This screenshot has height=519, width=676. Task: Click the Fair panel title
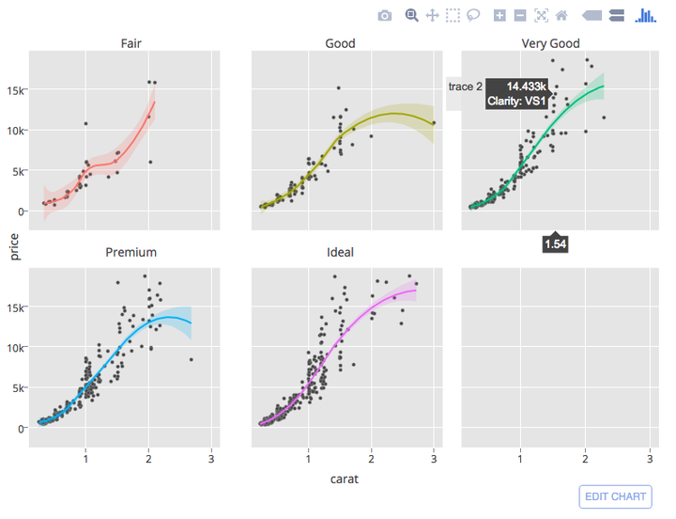point(131,43)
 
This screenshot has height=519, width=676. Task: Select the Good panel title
point(340,43)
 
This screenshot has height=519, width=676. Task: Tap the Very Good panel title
point(550,43)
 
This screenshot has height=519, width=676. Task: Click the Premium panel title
point(131,252)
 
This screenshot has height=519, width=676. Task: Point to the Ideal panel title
point(340,252)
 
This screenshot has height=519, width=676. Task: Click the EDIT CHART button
point(616,496)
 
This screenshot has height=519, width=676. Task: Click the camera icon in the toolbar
point(385,15)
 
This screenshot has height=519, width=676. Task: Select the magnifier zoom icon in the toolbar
point(411,15)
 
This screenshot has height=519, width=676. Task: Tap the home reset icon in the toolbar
point(561,15)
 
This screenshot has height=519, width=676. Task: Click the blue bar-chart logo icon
point(645,15)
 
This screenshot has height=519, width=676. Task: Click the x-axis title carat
point(344,479)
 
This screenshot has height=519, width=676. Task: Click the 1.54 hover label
point(555,244)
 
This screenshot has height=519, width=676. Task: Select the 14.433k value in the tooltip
point(526,86)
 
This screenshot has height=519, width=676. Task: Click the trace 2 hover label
point(465,86)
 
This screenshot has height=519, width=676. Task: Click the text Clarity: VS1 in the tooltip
point(516,101)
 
